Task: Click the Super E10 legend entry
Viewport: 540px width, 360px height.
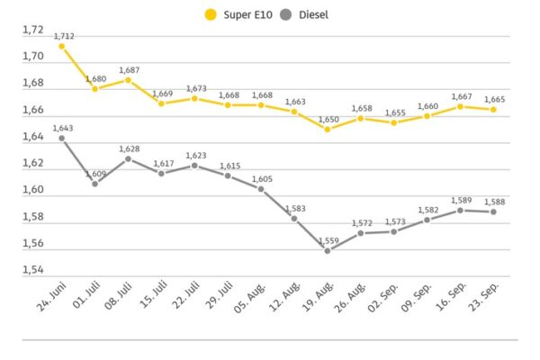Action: [x=239, y=14]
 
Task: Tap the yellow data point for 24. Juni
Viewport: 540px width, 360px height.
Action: [x=62, y=46]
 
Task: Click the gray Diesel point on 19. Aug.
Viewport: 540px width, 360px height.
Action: [x=328, y=250]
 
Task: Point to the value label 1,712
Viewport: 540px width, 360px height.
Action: [x=63, y=36]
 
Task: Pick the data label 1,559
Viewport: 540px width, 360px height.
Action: [x=328, y=240]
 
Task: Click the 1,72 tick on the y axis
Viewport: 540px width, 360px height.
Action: [x=33, y=30]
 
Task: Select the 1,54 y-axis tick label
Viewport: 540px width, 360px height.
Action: [x=33, y=270]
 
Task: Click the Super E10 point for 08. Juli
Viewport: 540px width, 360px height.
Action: [x=129, y=79]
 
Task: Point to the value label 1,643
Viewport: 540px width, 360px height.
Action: [x=63, y=128]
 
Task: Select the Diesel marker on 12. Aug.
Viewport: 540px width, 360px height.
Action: [x=294, y=218]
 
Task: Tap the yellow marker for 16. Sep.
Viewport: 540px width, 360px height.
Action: [x=461, y=106]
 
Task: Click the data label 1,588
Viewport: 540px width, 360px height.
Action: [x=494, y=202]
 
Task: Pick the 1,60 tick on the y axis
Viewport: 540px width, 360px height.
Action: [x=33, y=190]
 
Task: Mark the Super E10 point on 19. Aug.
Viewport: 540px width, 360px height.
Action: [x=328, y=129]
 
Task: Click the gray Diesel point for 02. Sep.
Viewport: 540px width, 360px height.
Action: [x=394, y=231]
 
